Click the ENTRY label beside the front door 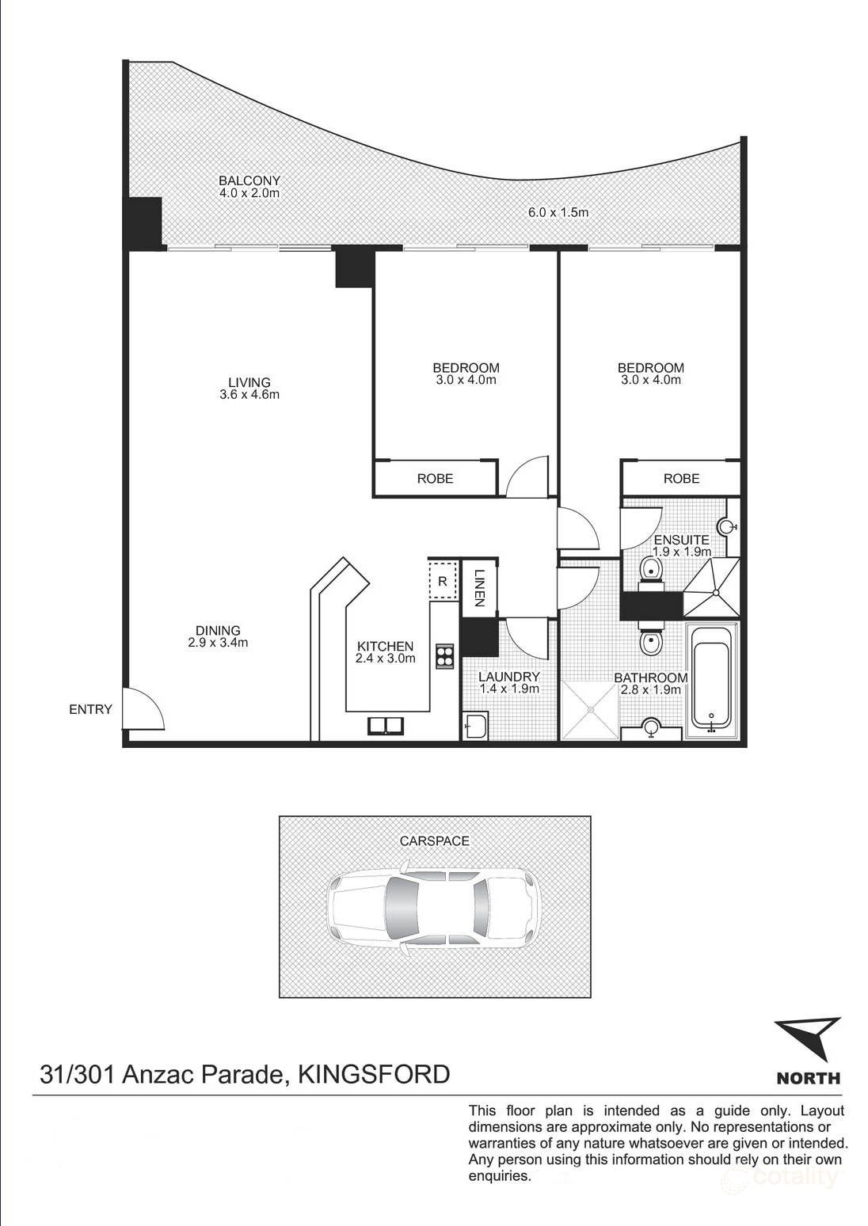90,709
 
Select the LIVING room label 249,382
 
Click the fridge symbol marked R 443,581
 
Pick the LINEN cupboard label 479,588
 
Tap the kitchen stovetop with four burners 444,656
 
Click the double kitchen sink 386,725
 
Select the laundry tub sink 475,727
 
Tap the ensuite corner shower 712,587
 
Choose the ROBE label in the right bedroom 681,478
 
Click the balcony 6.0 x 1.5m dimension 558,212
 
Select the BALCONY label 249,180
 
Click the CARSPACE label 435,840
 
